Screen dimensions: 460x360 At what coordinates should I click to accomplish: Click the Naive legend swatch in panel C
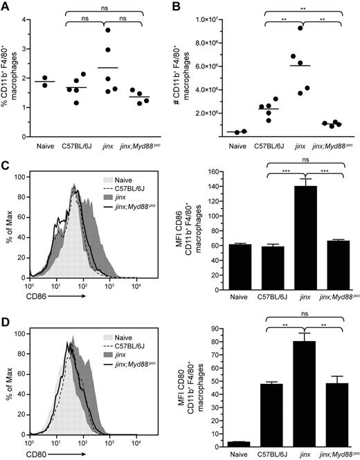pos(88,178)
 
